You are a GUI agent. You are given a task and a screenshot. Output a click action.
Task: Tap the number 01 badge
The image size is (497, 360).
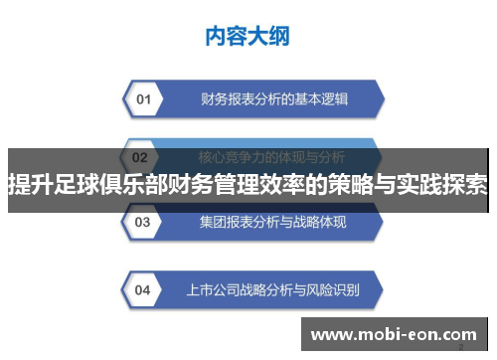coord(143,99)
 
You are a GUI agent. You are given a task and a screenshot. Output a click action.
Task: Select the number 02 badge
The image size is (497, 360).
coord(140,157)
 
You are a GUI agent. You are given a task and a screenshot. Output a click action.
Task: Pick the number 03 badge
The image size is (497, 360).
coord(143,221)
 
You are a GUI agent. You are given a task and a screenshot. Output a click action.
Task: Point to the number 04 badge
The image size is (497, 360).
coord(143,290)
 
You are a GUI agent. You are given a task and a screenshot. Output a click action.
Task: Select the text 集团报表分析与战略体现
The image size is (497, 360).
coord(272,221)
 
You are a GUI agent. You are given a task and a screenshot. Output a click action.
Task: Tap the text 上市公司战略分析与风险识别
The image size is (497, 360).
coord(272,290)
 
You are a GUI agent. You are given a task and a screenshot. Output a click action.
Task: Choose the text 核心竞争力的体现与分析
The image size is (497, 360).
coord(270,157)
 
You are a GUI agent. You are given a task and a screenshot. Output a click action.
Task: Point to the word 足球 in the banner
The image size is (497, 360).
coord(76,184)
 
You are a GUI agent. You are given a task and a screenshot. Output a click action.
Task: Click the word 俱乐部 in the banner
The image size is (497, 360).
coord(132,184)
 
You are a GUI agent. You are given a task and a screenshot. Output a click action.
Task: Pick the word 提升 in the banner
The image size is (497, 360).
coord(29,184)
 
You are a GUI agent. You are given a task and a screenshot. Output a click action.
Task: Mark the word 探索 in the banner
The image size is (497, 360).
coord(466,184)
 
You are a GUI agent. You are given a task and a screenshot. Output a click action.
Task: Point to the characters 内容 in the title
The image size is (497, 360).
coord(225,37)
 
